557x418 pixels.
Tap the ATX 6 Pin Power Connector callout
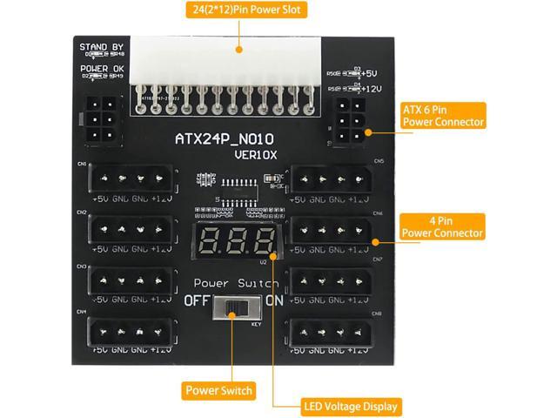[x=442, y=116]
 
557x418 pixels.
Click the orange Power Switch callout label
[x=218, y=391]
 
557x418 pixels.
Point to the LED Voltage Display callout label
[x=352, y=407]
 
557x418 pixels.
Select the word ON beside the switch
[x=274, y=301]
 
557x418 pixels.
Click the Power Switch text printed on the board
[x=236, y=284]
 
